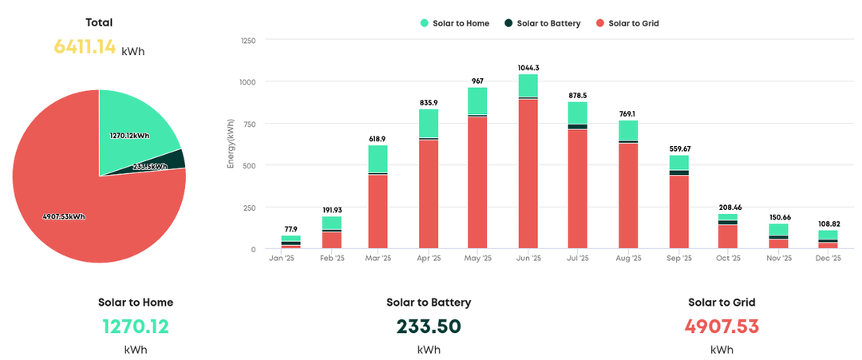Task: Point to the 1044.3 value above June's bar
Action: (x=528, y=68)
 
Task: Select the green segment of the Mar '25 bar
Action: (x=378, y=159)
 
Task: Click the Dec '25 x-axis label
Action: (x=828, y=259)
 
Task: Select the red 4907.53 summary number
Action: (x=722, y=326)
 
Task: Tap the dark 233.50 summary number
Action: (x=429, y=326)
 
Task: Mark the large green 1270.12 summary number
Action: (x=136, y=326)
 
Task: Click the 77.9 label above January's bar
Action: (x=291, y=229)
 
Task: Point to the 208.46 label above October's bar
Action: (x=728, y=207)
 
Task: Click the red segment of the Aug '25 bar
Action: (x=628, y=196)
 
